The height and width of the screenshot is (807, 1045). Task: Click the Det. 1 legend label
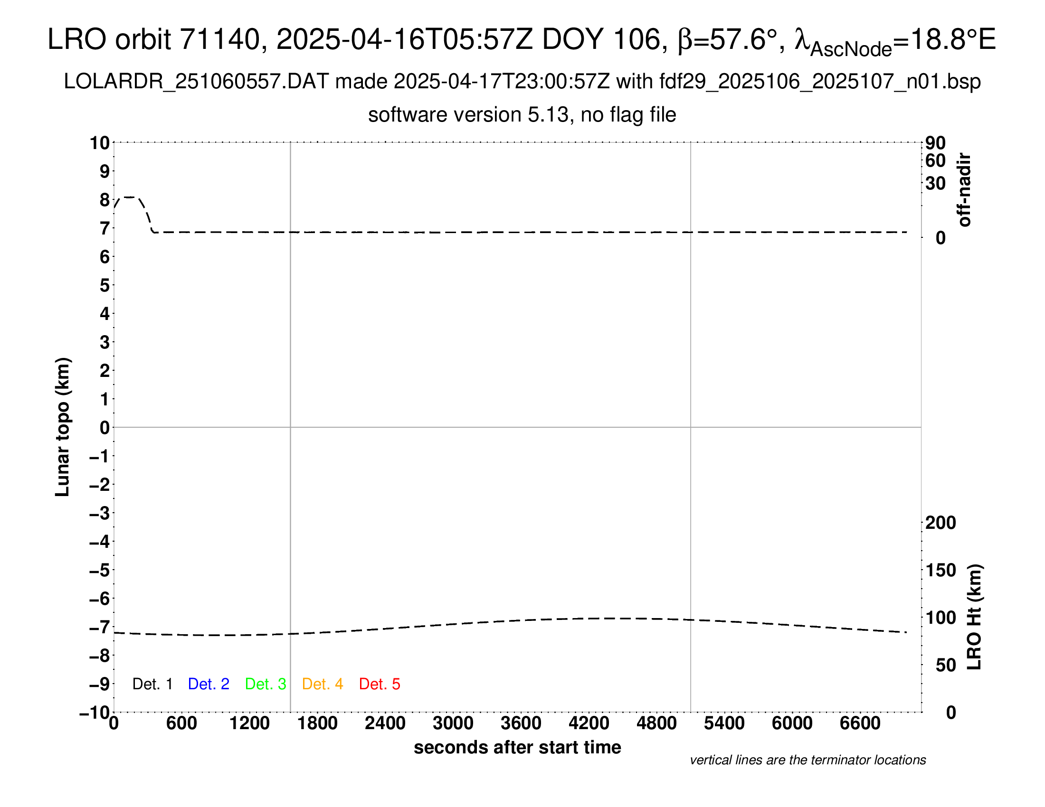click(152, 684)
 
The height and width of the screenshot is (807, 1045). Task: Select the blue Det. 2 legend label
click(209, 684)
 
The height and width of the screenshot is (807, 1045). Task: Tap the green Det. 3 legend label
click(266, 684)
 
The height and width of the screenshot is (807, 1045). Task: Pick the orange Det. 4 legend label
click(323, 684)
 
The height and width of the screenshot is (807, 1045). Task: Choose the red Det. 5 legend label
click(380, 684)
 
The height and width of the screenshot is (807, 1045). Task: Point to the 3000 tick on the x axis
click(453, 723)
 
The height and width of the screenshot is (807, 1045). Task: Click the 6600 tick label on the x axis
click(860, 723)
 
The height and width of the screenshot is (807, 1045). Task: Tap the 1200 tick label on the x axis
click(249, 723)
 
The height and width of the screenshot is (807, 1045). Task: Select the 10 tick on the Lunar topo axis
click(100, 143)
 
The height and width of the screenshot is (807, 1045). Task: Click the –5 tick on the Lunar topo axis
click(99, 570)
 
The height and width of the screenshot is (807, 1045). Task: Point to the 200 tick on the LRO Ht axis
click(940, 523)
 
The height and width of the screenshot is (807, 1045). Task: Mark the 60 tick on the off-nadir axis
click(935, 160)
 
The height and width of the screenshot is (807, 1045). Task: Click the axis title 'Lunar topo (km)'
click(63, 427)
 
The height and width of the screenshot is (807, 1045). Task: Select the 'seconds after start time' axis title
click(517, 747)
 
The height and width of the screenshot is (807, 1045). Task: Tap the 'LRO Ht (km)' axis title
click(974, 617)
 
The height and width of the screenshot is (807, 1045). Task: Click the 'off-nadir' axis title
click(965, 190)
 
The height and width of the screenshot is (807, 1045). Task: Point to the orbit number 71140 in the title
click(219, 39)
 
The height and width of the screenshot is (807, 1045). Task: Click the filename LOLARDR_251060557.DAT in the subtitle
click(196, 82)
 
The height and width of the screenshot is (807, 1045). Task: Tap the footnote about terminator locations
click(807, 760)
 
